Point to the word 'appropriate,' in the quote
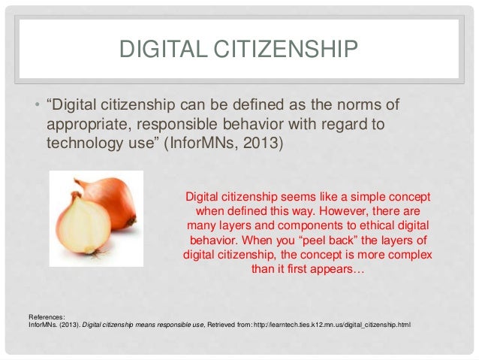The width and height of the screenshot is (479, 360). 84,121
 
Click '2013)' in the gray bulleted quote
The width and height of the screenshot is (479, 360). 264,140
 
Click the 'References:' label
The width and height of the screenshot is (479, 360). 46,316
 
